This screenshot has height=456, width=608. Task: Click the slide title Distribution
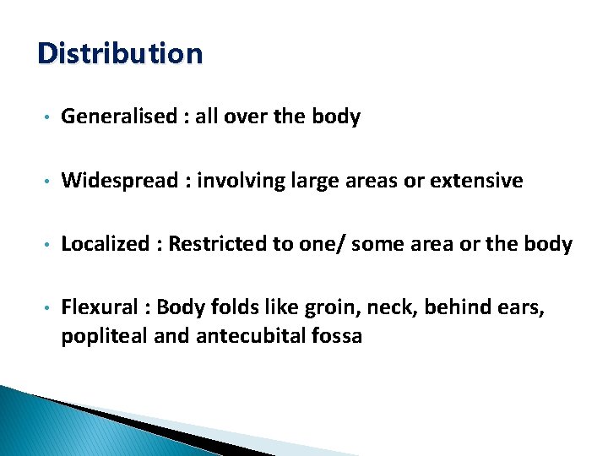click(x=120, y=54)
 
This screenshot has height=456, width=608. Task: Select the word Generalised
click(x=118, y=117)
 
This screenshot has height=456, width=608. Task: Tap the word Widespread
click(x=120, y=181)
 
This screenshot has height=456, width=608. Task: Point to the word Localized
click(x=104, y=245)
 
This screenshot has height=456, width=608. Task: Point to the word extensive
click(x=475, y=181)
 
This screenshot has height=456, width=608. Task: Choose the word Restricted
click(x=222, y=245)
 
